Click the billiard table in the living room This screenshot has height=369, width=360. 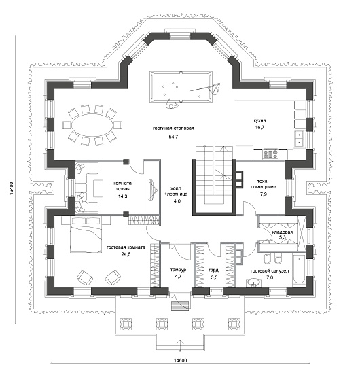click(181, 87)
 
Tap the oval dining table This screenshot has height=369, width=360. click(92, 125)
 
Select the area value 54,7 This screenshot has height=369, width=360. click(173, 137)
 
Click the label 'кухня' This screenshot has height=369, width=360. click(259, 120)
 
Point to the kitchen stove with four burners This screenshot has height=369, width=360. click(270, 154)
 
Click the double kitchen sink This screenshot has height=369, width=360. click(299, 139)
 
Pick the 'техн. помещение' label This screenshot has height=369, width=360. click(264, 184)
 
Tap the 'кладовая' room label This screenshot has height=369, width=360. click(283, 232)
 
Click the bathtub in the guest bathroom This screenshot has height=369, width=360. click(299, 270)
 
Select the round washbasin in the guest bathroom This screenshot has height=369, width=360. click(253, 283)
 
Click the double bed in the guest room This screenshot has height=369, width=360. click(86, 235)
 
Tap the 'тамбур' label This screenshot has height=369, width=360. click(178, 270)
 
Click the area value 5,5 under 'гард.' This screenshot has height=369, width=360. click(214, 277)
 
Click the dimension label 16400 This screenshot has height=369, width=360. click(12, 188)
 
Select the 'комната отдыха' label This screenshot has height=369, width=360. click(122, 186)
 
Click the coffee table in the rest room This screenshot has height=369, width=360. click(98, 188)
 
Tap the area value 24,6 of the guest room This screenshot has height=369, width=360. click(126, 254)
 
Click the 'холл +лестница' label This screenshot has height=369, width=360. click(176, 191)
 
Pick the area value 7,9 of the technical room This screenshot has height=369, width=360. click(264, 194)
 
